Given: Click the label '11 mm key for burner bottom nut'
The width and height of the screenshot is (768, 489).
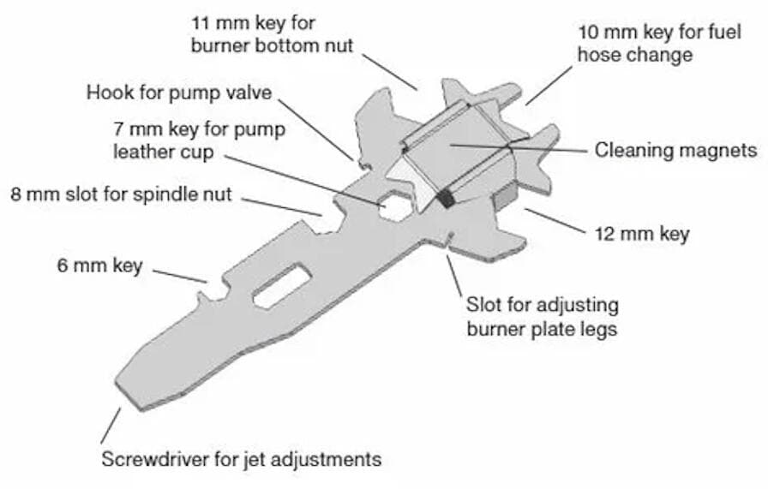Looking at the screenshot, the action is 272,34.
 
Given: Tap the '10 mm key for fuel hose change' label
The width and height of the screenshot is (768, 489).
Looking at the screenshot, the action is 659,43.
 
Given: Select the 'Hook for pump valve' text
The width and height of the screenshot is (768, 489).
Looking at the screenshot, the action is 179,92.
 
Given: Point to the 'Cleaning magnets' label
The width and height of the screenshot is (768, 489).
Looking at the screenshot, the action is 676,150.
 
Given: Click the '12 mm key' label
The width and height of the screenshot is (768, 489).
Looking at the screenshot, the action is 642,234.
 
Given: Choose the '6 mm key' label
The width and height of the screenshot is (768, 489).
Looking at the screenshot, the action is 100,265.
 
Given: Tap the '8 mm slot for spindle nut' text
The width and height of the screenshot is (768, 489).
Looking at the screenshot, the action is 121,194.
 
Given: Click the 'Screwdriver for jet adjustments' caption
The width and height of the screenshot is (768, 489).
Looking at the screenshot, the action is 242,459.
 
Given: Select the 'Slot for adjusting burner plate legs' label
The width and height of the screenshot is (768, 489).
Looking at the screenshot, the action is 543,316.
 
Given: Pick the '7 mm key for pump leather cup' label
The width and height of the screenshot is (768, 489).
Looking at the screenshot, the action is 200,140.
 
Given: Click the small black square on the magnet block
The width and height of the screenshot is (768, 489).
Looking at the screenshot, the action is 446,198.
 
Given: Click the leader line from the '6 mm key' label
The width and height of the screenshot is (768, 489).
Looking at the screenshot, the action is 180,276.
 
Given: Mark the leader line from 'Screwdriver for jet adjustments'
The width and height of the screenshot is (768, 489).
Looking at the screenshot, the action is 111,426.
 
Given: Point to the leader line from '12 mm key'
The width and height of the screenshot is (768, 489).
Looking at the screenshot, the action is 555,221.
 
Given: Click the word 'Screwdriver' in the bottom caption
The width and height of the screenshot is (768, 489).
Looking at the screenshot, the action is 155,459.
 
